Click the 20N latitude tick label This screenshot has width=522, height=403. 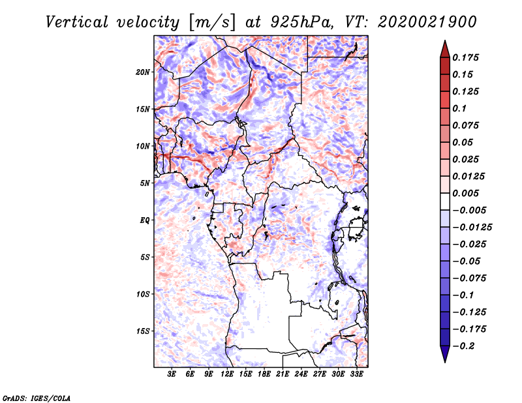143,72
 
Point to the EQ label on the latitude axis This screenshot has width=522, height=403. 144,220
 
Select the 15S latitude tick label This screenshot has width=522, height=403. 143,331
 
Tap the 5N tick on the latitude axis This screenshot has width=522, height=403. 145,183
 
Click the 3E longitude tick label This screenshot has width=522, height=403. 172,374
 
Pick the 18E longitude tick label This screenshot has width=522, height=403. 264,374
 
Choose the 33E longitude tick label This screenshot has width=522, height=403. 356,374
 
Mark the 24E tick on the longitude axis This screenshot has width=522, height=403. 301,374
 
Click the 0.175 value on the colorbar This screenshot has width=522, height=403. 466,57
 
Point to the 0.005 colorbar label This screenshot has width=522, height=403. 466,193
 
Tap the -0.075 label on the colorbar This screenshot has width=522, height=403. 468,278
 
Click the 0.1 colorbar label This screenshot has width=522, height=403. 460,108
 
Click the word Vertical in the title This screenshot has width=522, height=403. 77,22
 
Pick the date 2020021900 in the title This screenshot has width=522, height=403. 427,22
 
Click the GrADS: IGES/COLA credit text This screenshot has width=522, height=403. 36,397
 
